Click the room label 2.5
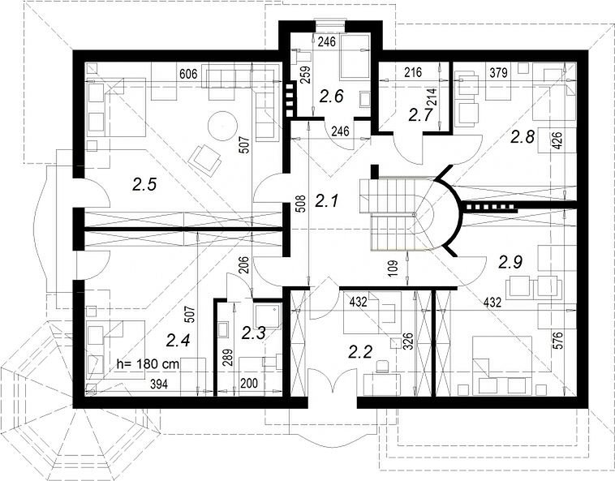click(144, 184)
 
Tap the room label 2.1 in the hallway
click(327, 201)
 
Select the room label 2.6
click(331, 96)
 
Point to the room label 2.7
click(420, 115)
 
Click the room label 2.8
click(523, 137)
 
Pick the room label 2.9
click(510, 262)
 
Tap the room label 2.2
click(360, 352)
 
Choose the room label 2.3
click(253, 333)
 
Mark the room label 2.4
click(178, 340)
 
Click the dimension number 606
click(188, 74)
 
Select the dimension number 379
click(498, 72)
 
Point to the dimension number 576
click(559, 340)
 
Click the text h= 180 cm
click(148, 364)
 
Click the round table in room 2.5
click(222, 126)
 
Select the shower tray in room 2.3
click(268, 317)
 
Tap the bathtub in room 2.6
click(355, 58)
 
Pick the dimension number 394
click(159, 385)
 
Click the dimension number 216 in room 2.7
click(413, 72)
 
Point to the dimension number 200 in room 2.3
click(249, 384)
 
